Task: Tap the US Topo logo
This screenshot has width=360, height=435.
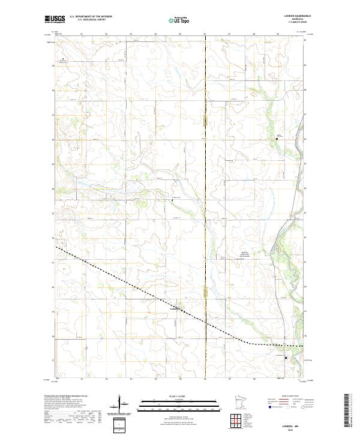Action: [181, 20]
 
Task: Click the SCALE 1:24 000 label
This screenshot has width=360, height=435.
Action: [180, 395]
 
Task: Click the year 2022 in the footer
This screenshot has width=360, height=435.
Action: [290, 428]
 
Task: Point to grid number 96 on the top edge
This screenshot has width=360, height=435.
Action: [205, 34]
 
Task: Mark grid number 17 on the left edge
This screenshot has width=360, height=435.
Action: [53, 361]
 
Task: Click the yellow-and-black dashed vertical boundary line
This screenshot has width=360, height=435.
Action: [205, 180]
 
